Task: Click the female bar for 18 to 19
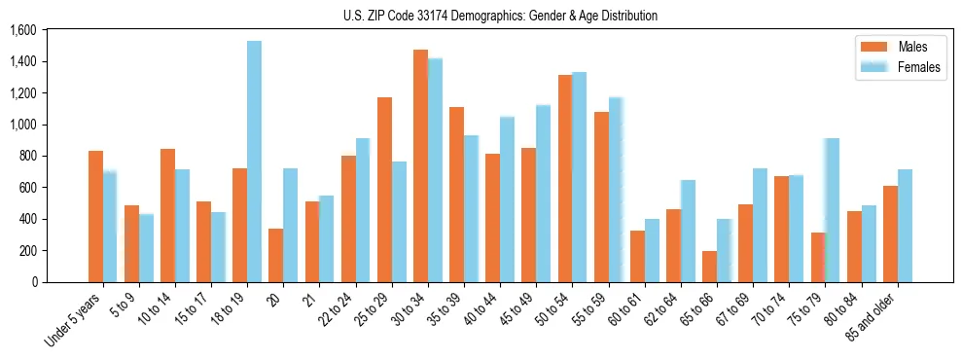(x=254, y=162)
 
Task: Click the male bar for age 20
(x=276, y=255)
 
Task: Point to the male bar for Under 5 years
(x=95, y=216)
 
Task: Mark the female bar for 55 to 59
(x=615, y=190)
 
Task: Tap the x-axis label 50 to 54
(x=552, y=304)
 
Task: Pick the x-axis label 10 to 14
(x=156, y=304)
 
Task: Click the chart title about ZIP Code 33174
(x=500, y=16)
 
